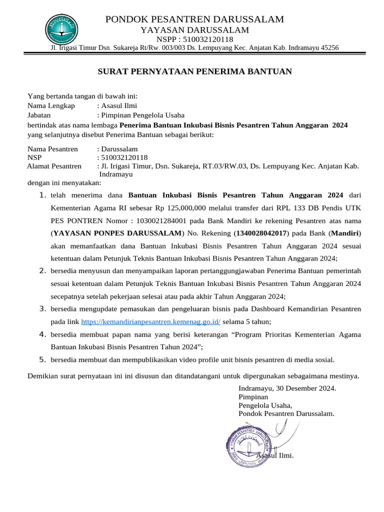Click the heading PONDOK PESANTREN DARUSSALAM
pos(194,19)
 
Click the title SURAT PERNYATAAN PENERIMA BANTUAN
pos(194,71)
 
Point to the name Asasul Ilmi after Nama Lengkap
pos(119,105)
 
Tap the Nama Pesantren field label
pos(52,148)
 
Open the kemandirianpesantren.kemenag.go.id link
pos(150,322)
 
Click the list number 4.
pos(42,334)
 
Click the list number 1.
pos(42,194)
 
